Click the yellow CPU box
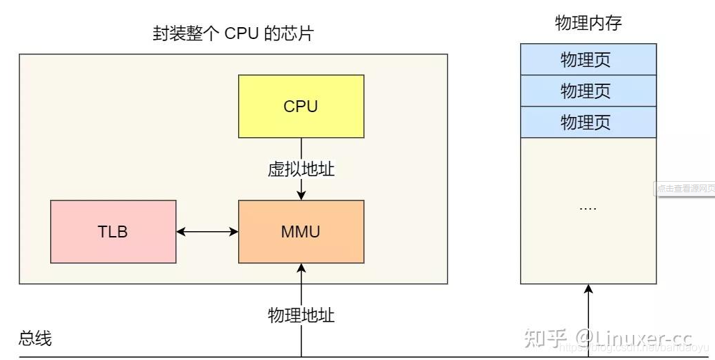click(301, 107)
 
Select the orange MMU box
click(301, 232)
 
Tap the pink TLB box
click(113, 232)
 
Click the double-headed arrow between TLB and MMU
click(207, 232)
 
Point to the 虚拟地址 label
click(301, 169)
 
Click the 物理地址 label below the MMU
click(301, 315)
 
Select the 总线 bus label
click(35, 339)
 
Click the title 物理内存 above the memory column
click(588, 23)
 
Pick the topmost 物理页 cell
click(588, 59)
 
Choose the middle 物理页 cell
click(588, 91)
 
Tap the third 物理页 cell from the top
click(588, 122)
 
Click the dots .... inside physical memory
click(588, 208)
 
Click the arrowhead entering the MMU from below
click(301, 269)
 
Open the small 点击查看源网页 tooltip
click(685, 189)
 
